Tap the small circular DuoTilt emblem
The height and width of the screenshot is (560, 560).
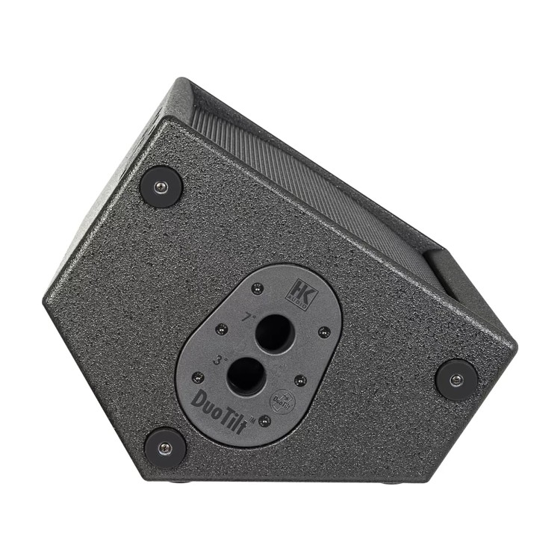(x=281, y=399)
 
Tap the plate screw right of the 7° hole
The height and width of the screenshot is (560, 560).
(x=323, y=332)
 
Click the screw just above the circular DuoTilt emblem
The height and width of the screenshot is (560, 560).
(x=299, y=381)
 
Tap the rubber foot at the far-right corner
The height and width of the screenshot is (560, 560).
(x=456, y=379)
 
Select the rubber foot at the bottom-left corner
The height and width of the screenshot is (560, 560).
(x=165, y=448)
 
